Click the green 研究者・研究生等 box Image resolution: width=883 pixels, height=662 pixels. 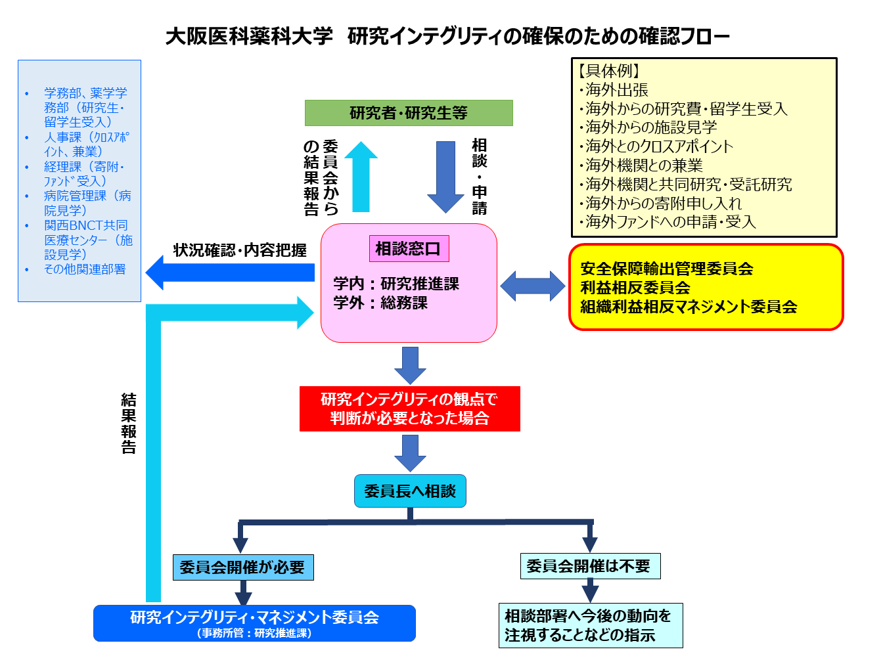(409, 113)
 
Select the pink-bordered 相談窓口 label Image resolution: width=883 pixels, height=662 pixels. (409, 249)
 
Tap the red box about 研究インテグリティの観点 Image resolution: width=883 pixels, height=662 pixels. (409, 408)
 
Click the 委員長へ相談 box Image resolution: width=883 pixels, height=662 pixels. (410, 491)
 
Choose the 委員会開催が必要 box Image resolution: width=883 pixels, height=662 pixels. (242, 567)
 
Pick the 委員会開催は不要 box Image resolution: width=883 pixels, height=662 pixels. (589, 566)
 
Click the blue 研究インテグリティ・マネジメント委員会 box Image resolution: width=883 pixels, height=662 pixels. (254, 623)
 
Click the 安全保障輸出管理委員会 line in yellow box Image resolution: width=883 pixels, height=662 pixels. (666, 269)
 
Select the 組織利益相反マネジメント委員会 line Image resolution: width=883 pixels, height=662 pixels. (689, 307)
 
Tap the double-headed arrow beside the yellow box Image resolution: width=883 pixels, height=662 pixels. (532, 286)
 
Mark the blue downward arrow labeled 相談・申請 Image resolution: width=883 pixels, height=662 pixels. (445, 176)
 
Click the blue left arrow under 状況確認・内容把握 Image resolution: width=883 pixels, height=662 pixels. (230, 272)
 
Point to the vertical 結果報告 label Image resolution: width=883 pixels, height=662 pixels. (129, 424)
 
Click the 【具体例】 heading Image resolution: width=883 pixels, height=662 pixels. (608, 71)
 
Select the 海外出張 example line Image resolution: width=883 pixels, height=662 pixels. (616, 90)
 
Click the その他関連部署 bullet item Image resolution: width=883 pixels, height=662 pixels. (84, 269)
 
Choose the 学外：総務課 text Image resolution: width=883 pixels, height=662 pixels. (380, 303)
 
